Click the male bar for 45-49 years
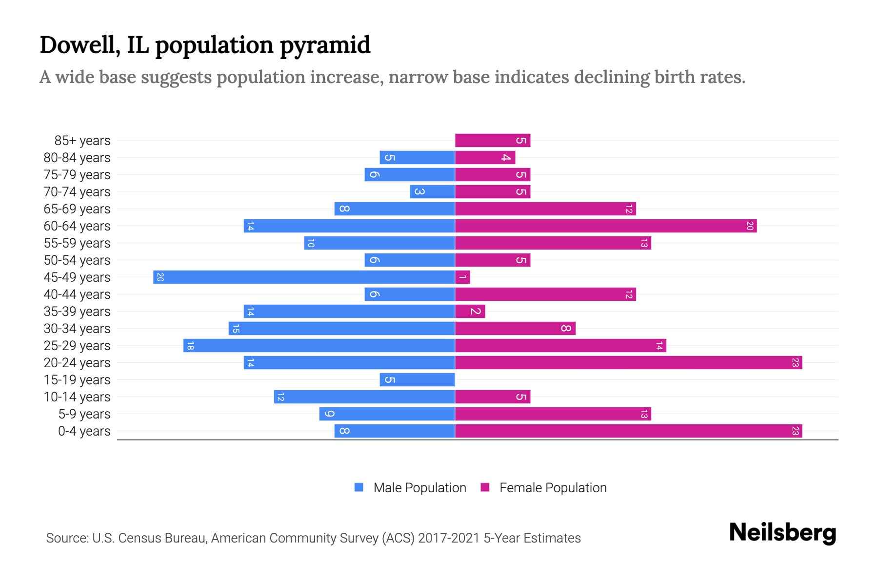coord(304,277)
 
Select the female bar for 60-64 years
coord(606,226)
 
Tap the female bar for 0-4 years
coord(628,431)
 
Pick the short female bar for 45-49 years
coord(462,277)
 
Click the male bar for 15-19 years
coord(417,380)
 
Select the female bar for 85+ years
coord(493,141)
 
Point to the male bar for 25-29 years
coord(319,346)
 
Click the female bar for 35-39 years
coord(470,312)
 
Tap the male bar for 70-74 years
coord(432,192)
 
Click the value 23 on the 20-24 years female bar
coord(795,363)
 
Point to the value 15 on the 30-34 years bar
coord(236,329)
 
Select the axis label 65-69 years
coord(77,209)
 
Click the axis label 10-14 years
coord(77,397)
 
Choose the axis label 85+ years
coord(82,141)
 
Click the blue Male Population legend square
coord(359,487)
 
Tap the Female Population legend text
coord(553,488)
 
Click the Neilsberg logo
coord(782,533)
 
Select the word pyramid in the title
coord(325,45)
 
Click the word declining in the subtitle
coord(611,77)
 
